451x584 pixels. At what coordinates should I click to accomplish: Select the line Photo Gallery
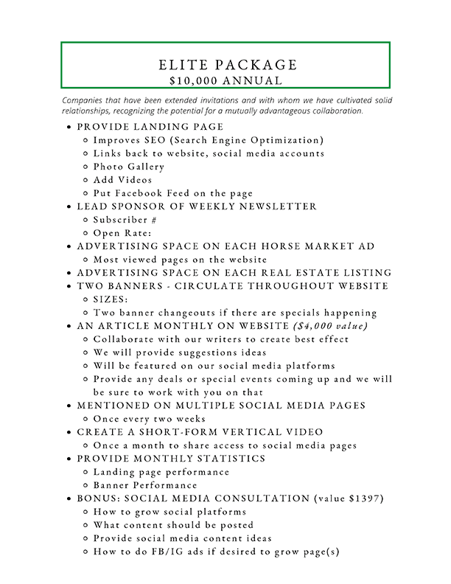128,167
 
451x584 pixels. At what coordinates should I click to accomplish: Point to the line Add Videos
122,180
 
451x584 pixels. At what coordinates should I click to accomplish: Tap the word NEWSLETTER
280,206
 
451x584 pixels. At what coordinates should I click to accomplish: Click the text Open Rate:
125,233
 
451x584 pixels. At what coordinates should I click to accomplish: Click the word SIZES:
112,299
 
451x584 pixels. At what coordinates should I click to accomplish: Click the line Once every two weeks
149,419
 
